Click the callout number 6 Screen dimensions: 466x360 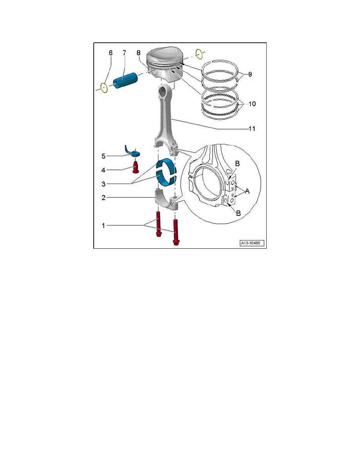click(x=110, y=53)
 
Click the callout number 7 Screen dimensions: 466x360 click(x=124, y=53)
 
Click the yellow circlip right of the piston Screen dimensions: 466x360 click(x=199, y=52)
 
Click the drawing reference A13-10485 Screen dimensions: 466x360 click(x=252, y=243)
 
